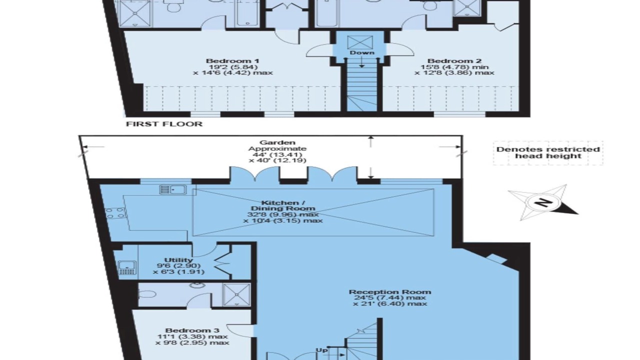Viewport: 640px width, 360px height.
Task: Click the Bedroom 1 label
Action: (x=232, y=61)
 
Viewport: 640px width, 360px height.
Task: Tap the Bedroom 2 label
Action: (x=454, y=61)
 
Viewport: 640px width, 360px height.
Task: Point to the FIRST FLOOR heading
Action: (x=164, y=124)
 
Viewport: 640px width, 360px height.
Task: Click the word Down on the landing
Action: (x=362, y=53)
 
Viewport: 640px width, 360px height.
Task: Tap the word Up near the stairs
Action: (x=321, y=350)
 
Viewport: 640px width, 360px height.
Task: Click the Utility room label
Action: (x=178, y=260)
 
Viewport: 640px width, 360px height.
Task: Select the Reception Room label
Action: (x=390, y=292)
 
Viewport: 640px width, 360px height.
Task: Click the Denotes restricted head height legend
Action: (x=548, y=153)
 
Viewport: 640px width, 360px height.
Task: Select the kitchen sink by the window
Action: (x=173, y=189)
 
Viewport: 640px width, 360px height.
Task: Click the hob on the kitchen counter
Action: (x=115, y=213)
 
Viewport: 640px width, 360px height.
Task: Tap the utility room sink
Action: (x=127, y=267)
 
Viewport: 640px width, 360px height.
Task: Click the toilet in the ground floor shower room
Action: (x=147, y=294)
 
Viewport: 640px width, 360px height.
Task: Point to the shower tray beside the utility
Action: (x=236, y=295)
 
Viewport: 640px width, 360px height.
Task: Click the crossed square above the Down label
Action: (x=360, y=42)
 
